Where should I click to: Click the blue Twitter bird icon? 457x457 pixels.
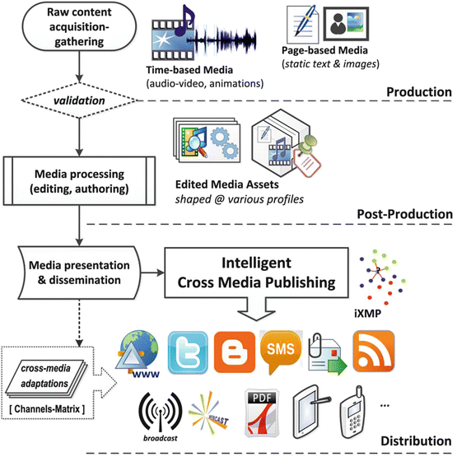[x=186, y=348]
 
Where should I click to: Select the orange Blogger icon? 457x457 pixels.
[x=234, y=348]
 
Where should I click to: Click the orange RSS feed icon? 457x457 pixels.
[x=373, y=348]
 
